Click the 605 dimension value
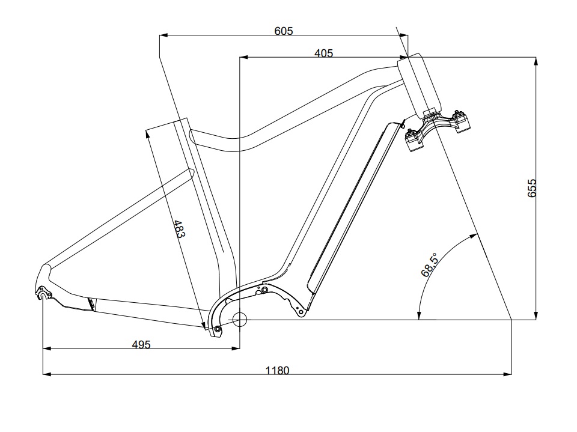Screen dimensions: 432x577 click(x=284, y=31)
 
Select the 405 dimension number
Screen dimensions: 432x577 click(x=323, y=53)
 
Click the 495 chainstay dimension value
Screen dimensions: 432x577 click(x=141, y=344)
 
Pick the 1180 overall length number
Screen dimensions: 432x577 click(x=277, y=370)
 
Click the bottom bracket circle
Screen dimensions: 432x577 click(x=240, y=319)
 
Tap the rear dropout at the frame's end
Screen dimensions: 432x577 click(x=43, y=293)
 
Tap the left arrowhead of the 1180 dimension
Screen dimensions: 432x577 click(x=46, y=374)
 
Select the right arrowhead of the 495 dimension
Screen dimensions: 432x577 click(x=236, y=347)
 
